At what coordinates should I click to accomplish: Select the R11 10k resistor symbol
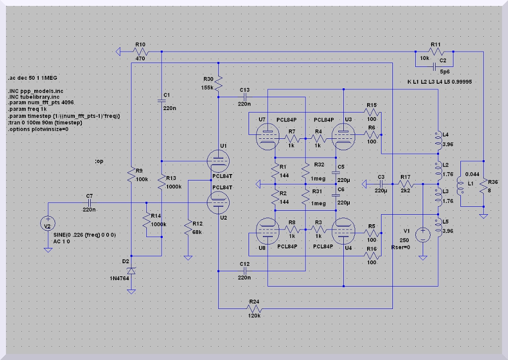[436, 52]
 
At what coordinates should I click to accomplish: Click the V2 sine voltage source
[48, 224]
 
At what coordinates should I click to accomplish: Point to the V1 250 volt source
[423, 234]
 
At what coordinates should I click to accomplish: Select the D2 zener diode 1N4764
[131, 271]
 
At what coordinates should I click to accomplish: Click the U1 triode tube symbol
[219, 162]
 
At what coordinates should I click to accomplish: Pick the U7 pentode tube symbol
[268, 134]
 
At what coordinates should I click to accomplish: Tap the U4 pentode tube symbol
[343, 230]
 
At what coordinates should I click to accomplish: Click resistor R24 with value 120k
[254, 308]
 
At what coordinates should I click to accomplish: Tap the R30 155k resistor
[219, 83]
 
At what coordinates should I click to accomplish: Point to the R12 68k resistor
[188, 229]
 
